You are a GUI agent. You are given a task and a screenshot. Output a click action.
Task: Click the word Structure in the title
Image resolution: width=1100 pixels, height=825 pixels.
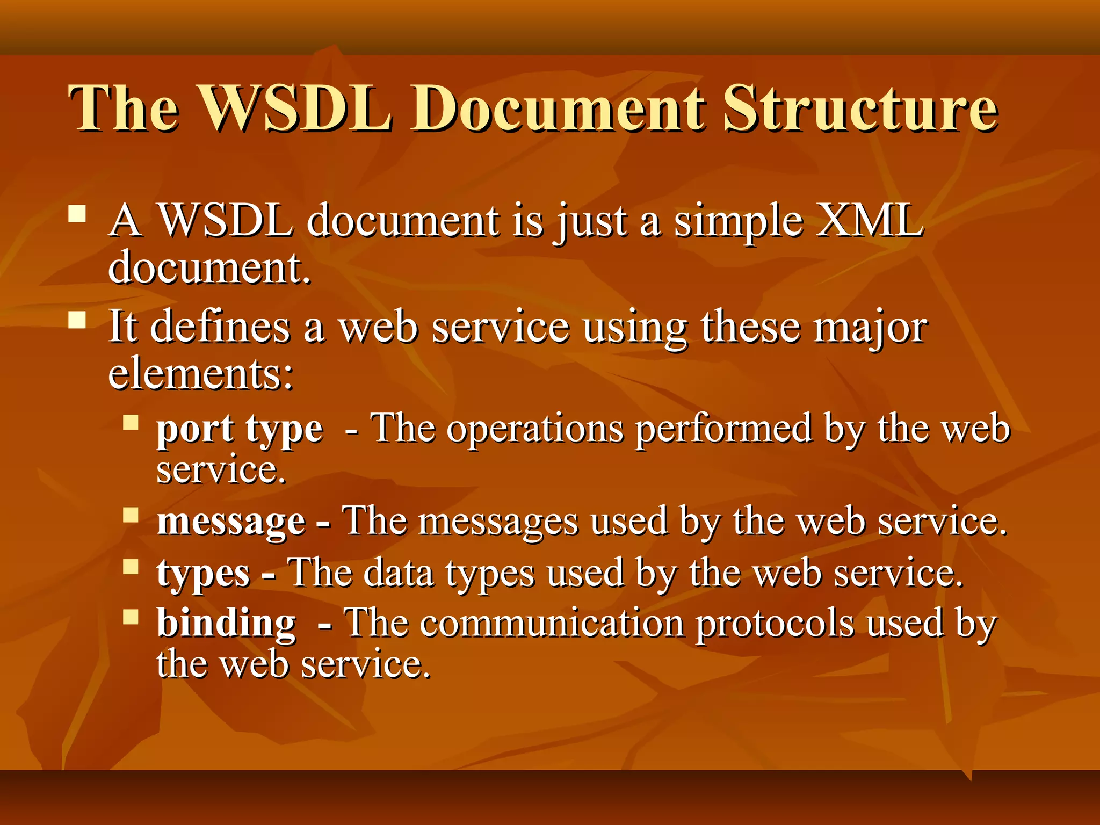[859, 109]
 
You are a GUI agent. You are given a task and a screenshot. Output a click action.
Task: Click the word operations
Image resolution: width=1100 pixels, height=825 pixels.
[535, 430]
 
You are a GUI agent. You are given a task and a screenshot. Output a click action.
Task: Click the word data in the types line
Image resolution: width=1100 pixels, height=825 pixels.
[399, 573]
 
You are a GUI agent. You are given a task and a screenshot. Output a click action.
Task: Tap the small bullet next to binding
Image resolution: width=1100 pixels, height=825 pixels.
[131, 617]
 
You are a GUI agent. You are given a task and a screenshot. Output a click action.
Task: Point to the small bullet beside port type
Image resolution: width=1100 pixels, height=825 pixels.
[131, 423]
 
